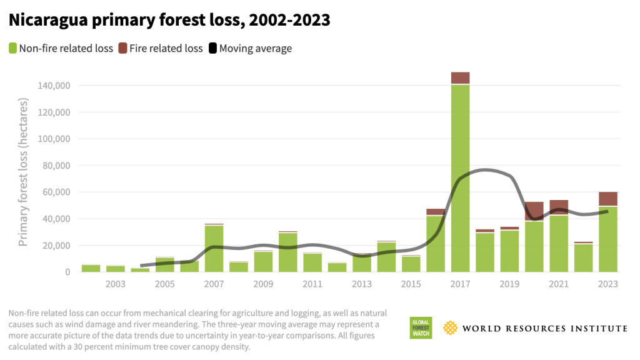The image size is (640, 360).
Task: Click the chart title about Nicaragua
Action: tap(169, 20)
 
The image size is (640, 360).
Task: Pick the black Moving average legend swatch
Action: tap(212, 48)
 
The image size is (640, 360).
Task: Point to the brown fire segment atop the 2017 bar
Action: tap(461, 78)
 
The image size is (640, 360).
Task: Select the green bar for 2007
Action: tap(214, 249)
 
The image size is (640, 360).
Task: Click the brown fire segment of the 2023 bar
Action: tap(608, 199)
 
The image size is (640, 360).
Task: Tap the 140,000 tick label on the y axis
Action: tap(53, 86)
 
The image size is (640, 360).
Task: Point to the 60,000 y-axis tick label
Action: tap(56, 192)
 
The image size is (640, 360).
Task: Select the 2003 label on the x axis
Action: tap(116, 284)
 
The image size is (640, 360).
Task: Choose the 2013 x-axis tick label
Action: tap(362, 284)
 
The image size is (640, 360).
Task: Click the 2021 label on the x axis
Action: tap(559, 284)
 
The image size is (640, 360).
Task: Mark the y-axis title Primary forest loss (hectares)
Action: tap(23, 172)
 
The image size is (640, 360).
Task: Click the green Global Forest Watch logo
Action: tap(421, 328)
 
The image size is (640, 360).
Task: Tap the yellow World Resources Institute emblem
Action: tap(451, 327)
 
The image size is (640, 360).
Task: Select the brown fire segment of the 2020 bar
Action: tap(534, 211)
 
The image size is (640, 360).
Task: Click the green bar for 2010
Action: tap(288, 252)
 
